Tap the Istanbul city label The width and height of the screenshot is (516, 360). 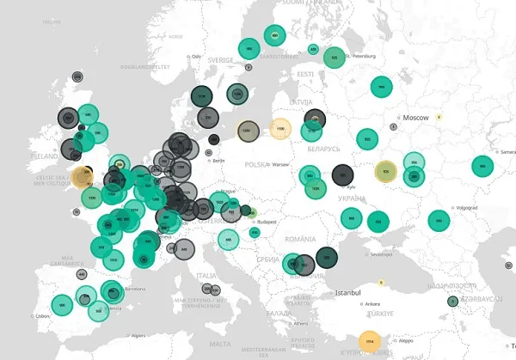pyautogui.click(x=348, y=292)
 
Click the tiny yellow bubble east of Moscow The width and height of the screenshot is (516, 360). pyautogui.click(x=439, y=117)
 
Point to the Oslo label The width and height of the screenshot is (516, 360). pyautogui.click(x=196, y=57)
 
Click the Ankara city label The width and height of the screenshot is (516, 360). pyautogui.click(x=372, y=303)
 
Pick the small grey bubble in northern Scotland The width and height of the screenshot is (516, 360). pyautogui.click(x=77, y=76)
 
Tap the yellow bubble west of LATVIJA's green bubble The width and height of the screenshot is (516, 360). pyautogui.click(x=279, y=130)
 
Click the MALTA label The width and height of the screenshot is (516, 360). pyautogui.click(x=220, y=344)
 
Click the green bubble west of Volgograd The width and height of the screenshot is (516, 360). pyautogui.click(x=439, y=221)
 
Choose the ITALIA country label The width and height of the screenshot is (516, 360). pyautogui.click(x=206, y=275)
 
